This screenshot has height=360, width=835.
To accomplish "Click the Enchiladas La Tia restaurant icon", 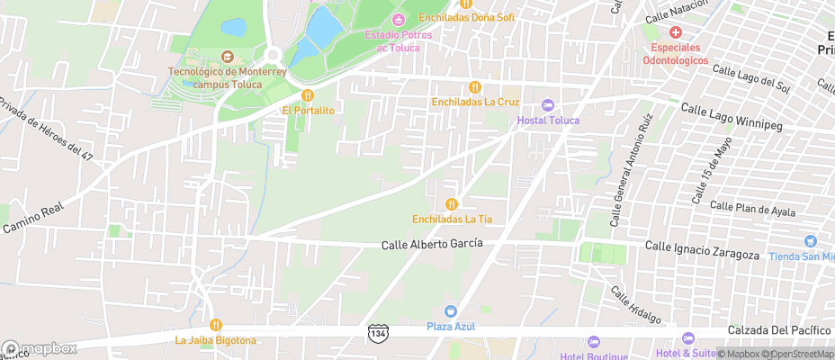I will pos(452,204).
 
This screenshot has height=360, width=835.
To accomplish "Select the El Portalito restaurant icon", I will pos(308,95).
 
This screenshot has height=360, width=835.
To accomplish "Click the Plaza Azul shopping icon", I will pos(451,311).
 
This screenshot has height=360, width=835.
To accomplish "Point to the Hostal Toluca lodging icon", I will pos(548,106).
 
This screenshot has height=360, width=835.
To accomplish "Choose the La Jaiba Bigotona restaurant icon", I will pos(216,325).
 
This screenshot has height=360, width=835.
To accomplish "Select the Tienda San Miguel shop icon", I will pos(810,241).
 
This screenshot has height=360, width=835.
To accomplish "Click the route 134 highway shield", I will pos(380,334).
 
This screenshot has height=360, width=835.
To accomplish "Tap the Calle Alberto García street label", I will pos(432,244).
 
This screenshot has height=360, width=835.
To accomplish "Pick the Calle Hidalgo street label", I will pos(636,306).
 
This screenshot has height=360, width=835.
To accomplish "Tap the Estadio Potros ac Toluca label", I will pos(392,40).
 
